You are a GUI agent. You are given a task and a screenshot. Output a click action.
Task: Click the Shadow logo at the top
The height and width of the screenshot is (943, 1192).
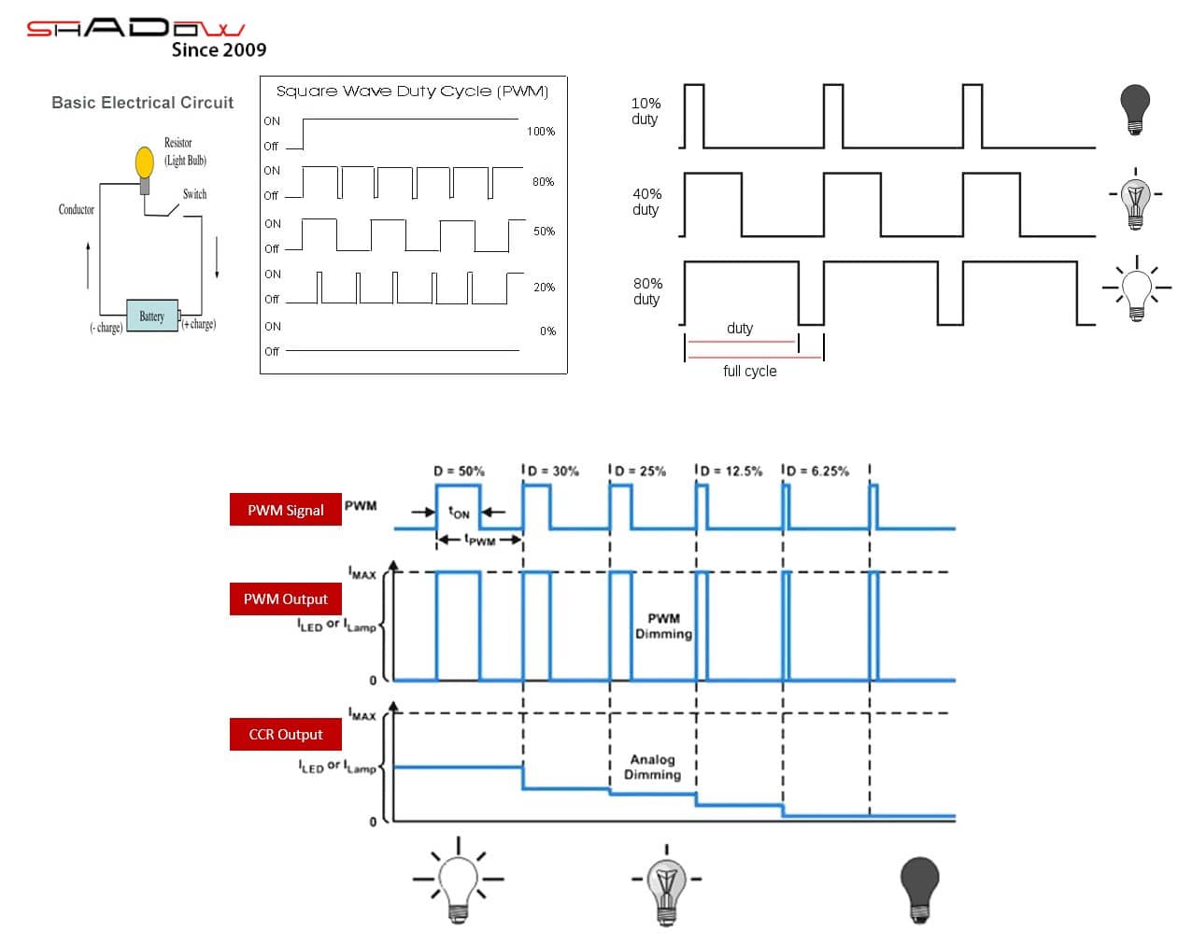[x=136, y=29]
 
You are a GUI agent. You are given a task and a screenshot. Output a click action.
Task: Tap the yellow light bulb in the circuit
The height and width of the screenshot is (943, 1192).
[x=144, y=163]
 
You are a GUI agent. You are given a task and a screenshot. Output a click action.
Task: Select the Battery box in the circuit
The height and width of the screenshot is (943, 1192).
[x=151, y=317]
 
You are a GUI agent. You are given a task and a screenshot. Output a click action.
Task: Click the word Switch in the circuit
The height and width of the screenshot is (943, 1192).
[x=194, y=194]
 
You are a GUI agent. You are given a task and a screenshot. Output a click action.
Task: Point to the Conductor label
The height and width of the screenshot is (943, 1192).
[x=76, y=209]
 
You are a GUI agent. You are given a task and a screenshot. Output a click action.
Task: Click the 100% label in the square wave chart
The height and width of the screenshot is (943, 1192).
[x=541, y=132]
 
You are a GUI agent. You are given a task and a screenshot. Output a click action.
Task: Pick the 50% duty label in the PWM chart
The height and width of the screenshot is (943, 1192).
[x=544, y=232]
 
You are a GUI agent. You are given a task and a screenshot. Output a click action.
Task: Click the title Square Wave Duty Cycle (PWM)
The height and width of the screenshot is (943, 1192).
[x=412, y=91]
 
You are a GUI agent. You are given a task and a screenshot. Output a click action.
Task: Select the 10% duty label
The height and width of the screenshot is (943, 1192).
[x=646, y=111]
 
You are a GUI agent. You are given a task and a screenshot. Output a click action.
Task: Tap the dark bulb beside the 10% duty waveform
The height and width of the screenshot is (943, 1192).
[x=1135, y=108]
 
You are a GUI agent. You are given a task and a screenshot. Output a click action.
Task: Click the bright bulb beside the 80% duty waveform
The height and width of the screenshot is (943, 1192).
[x=1137, y=290]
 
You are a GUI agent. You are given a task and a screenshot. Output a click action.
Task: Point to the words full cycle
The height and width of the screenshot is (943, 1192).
[x=749, y=371]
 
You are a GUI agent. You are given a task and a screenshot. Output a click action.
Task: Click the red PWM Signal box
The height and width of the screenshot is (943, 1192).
[x=286, y=510]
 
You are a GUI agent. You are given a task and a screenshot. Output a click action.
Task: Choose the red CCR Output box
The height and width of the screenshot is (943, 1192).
[x=286, y=735]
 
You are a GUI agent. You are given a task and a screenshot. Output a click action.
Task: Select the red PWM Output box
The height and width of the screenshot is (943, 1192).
[x=286, y=599]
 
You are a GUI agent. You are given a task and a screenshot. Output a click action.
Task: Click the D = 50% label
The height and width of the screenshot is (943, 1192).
[x=459, y=471]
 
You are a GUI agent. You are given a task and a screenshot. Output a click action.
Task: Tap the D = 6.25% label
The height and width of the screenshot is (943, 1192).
[x=818, y=471]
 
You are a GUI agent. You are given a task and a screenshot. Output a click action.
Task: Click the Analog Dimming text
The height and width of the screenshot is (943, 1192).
[x=652, y=767]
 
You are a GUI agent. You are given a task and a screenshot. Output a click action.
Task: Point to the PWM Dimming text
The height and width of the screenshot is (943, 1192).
[x=663, y=626]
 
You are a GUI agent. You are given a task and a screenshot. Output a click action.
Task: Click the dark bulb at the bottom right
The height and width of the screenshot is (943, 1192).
[x=919, y=888]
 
